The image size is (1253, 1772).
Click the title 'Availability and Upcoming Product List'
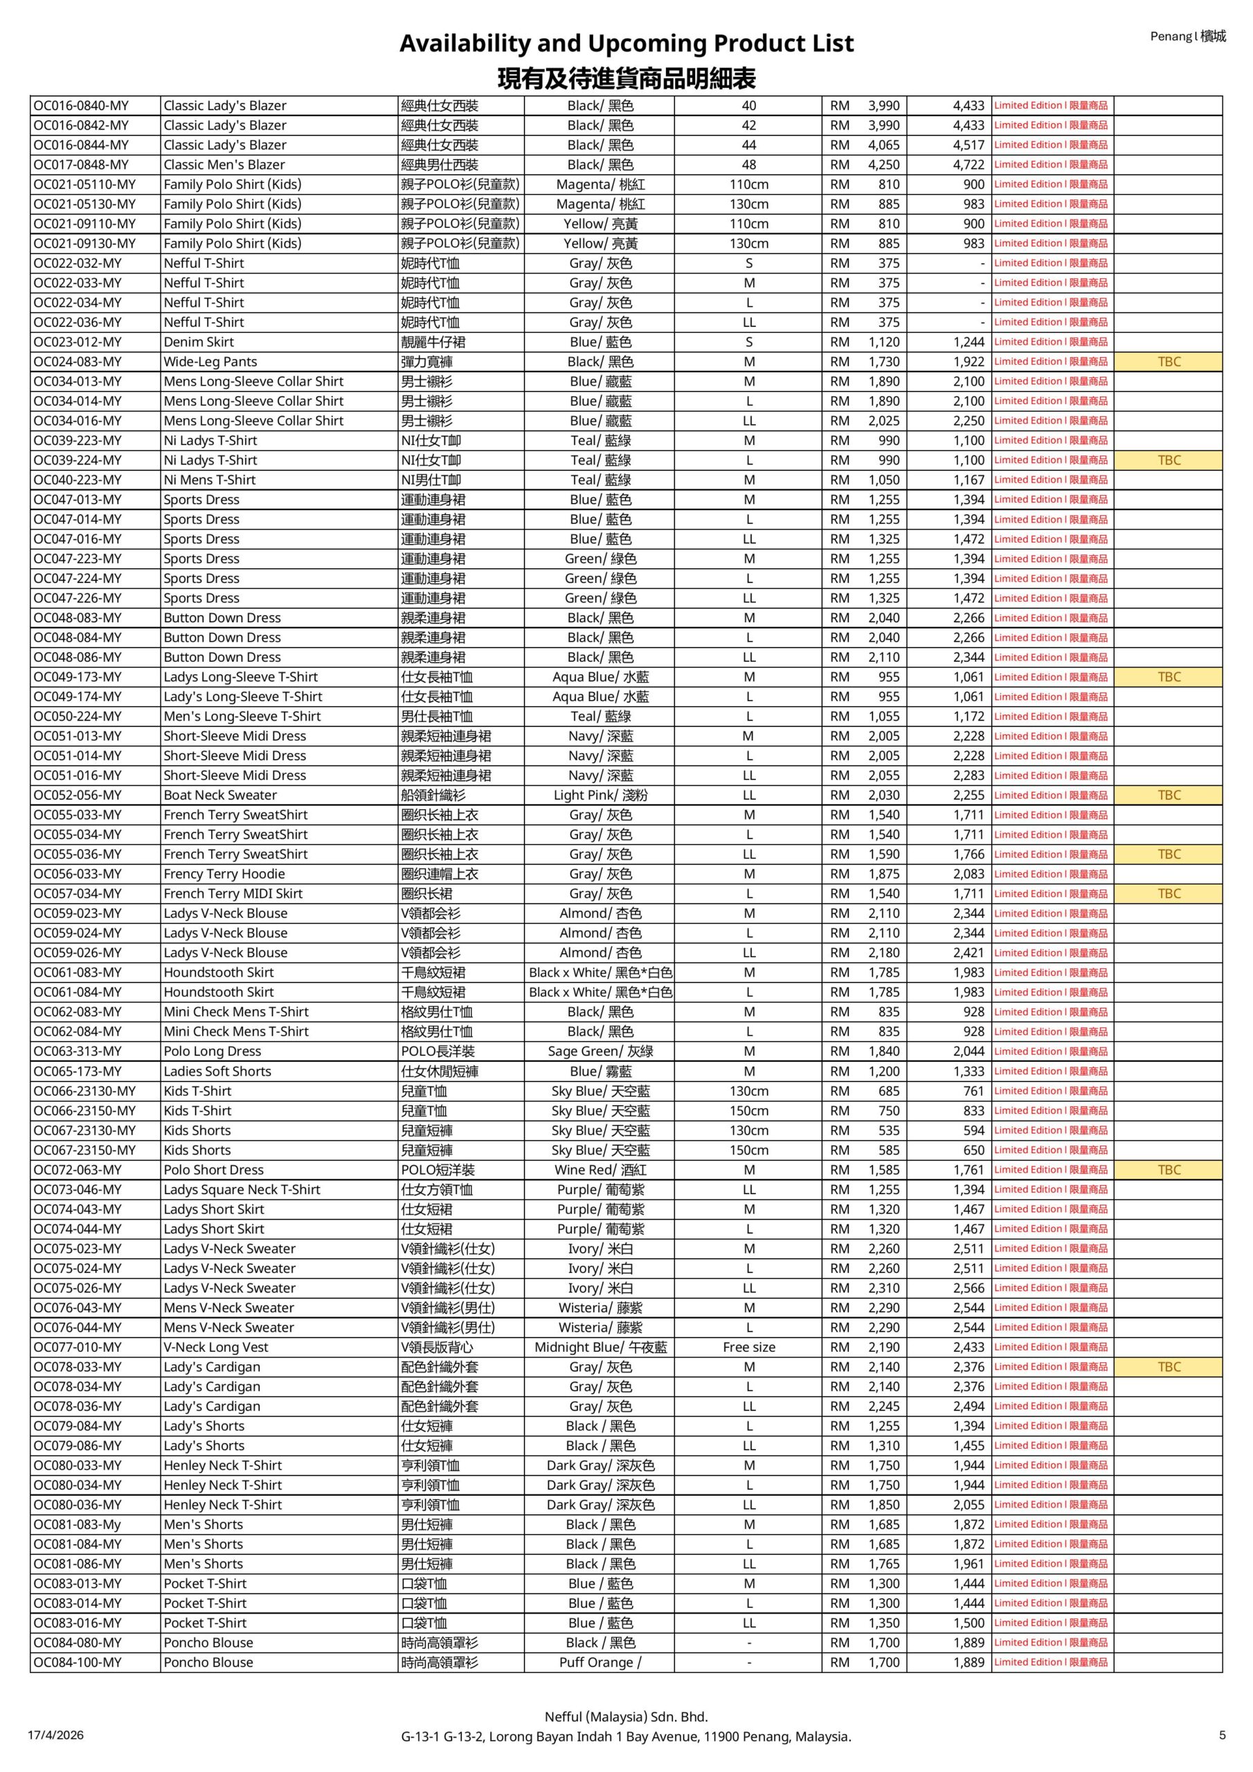pyautogui.click(x=626, y=43)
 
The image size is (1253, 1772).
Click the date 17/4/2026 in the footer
pyautogui.click(x=55, y=1734)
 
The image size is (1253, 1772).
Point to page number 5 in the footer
pyautogui.click(x=1222, y=1734)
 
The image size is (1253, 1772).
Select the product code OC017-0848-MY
pyautogui.click(x=81, y=164)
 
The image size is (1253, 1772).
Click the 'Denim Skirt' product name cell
pyautogui.click(x=199, y=342)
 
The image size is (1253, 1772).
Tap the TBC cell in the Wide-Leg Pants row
pyautogui.click(x=1169, y=361)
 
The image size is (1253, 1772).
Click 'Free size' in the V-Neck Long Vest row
pyautogui.click(x=749, y=1347)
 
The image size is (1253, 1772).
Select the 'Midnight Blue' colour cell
pyautogui.click(x=601, y=1347)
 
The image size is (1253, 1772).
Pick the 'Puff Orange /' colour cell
pyautogui.click(x=601, y=1662)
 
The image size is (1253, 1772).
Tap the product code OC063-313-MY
pyautogui.click(x=78, y=1051)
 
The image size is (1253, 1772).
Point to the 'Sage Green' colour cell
pyautogui.click(x=601, y=1051)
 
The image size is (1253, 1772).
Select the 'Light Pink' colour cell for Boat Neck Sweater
pyautogui.click(x=601, y=795)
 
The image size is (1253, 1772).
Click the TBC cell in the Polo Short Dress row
pyautogui.click(x=1169, y=1169)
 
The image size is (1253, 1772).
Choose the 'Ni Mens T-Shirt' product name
pyautogui.click(x=209, y=479)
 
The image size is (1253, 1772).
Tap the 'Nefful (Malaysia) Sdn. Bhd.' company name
pyautogui.click(x=626, y=1717)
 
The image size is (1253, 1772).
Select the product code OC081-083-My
pyautogui.click(x=78, y=1524)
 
